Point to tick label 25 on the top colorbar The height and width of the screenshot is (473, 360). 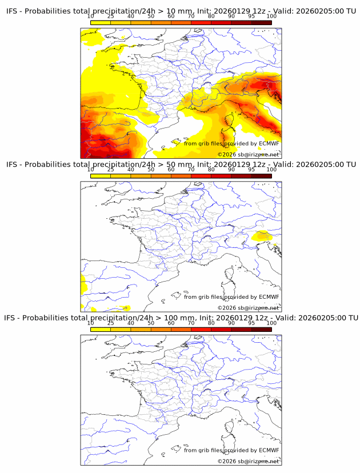point(111,17)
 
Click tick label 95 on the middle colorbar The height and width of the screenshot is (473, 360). point(251,170)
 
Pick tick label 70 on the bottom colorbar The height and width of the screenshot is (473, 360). point(191,323)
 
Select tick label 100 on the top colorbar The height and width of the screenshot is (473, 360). point(271,17)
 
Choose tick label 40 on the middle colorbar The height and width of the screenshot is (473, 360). point(131,170)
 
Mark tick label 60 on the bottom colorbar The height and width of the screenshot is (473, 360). point(171,323)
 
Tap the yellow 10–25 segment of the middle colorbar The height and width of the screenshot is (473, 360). point(101,176)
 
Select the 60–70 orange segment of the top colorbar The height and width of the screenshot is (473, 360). point(181,23)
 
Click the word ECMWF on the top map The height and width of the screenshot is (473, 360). point(269,143)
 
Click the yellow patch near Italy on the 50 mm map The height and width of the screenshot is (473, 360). point(263,235)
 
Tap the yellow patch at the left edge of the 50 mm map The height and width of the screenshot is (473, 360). point(83,283)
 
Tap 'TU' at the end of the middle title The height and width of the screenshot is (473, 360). point(350,165)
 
